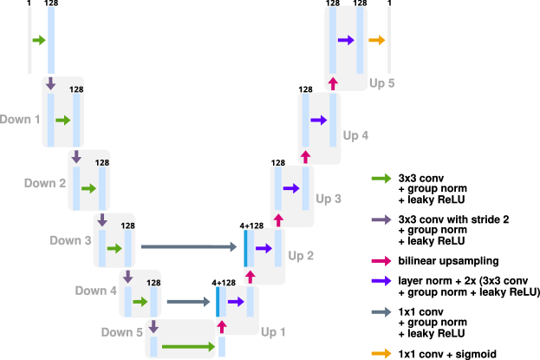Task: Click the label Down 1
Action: pos(20,119)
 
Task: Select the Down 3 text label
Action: pos(70,240)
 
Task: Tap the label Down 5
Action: pos(122,332)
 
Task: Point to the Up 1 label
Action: pos(273,332)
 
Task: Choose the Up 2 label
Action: pos(301,256)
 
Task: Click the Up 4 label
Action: pos(355,136)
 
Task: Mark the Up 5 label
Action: pos(382,83)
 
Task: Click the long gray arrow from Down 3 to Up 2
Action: pos(188,247)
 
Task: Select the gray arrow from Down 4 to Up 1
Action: pos(190,302)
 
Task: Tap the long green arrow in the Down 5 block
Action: pos(187,347)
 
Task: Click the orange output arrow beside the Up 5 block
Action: pos(376,41)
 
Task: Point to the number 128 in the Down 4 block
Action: pos(153,282)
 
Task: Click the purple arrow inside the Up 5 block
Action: pos(346,41)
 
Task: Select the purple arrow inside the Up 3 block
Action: pos(291,188)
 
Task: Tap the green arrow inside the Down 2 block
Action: pos(88,188)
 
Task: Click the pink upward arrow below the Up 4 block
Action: pos(305,157)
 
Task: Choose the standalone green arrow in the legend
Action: pos(381,179)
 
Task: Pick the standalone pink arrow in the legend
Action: pos(381,260)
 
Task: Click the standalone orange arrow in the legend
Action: pos(381,353)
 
